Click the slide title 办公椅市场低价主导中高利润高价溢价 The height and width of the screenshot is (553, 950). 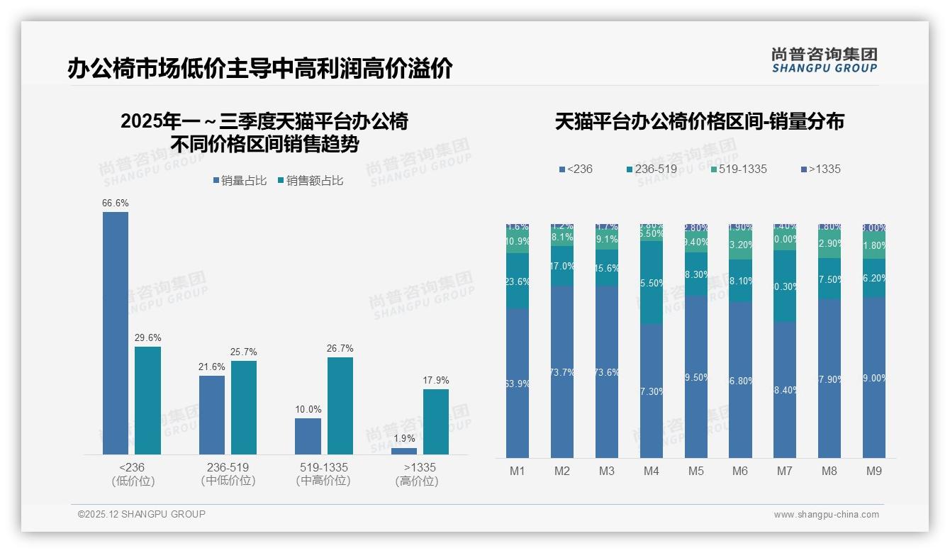pos(259,69)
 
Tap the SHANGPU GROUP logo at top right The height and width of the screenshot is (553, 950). pos(824,60)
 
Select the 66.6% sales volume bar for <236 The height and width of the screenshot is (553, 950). pos(116,333)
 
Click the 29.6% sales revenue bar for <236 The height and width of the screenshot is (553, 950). pos(147,401)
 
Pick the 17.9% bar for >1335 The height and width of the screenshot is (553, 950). pos(436,422)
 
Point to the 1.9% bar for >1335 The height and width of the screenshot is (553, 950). pos(404,451)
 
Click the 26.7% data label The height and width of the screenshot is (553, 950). pos(340,349)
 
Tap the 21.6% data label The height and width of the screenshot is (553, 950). pos(212,367)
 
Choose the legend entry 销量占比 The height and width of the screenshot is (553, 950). pos(240,181)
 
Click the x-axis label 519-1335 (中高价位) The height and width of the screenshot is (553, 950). pos(323,474)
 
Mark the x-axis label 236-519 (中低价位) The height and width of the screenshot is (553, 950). pos(228,474)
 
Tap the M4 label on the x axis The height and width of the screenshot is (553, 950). pos(651,471)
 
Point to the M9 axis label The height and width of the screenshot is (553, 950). pos(874,471)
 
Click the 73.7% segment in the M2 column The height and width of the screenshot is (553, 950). pos(562,372)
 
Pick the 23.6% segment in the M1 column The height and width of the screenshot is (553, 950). pos(518,281)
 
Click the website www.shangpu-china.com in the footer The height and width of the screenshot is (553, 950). pos(826,515)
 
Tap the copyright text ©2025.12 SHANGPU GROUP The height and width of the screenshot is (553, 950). pos(142,514)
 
